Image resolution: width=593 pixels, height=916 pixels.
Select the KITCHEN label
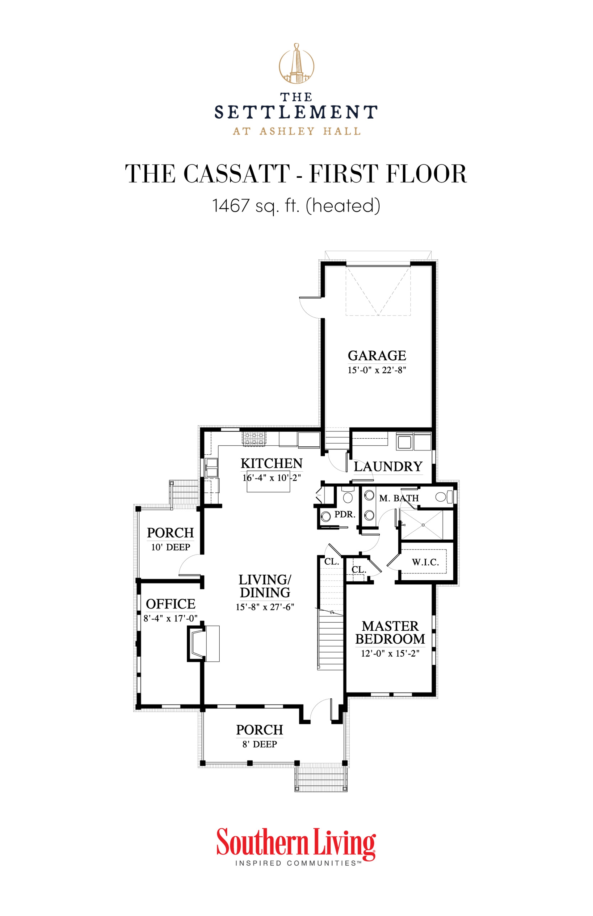(271, 463)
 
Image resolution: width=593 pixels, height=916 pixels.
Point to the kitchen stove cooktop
(254, 439)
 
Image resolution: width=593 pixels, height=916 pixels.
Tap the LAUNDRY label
(388, 466)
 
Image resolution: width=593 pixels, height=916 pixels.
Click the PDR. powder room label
(345, 514)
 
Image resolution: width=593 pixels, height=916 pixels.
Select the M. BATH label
(398, 498)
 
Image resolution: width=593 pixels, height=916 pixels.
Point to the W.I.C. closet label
(425, 562)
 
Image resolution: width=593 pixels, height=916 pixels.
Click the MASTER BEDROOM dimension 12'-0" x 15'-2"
(390, 654)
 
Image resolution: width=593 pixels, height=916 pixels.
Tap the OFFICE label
(170, 604)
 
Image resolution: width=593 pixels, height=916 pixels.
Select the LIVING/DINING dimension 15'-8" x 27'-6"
(265, 607)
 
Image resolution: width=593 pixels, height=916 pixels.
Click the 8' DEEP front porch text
(259, 744)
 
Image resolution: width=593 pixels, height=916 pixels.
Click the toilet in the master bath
(443, 497)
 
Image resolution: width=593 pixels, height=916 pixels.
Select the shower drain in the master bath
(423, 525)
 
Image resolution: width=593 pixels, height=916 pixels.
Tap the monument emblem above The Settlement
(296, 64)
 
